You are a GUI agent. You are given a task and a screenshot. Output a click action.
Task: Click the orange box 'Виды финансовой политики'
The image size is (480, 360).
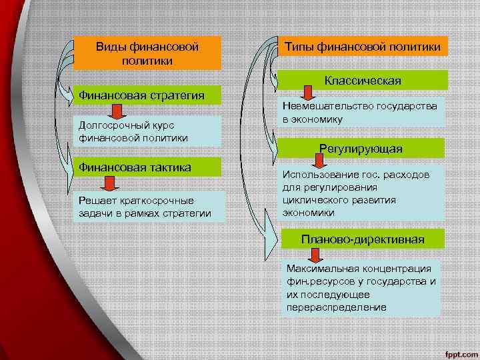(147, 53)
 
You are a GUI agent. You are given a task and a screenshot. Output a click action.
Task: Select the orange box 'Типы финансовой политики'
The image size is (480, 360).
(363, 46)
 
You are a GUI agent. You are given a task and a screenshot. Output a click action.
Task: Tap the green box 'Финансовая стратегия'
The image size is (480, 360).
(147, 95)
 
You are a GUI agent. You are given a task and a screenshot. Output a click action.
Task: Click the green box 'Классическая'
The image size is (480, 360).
(363, 80)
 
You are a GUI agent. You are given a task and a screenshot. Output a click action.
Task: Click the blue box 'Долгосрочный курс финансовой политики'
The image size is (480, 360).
(147, 131)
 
